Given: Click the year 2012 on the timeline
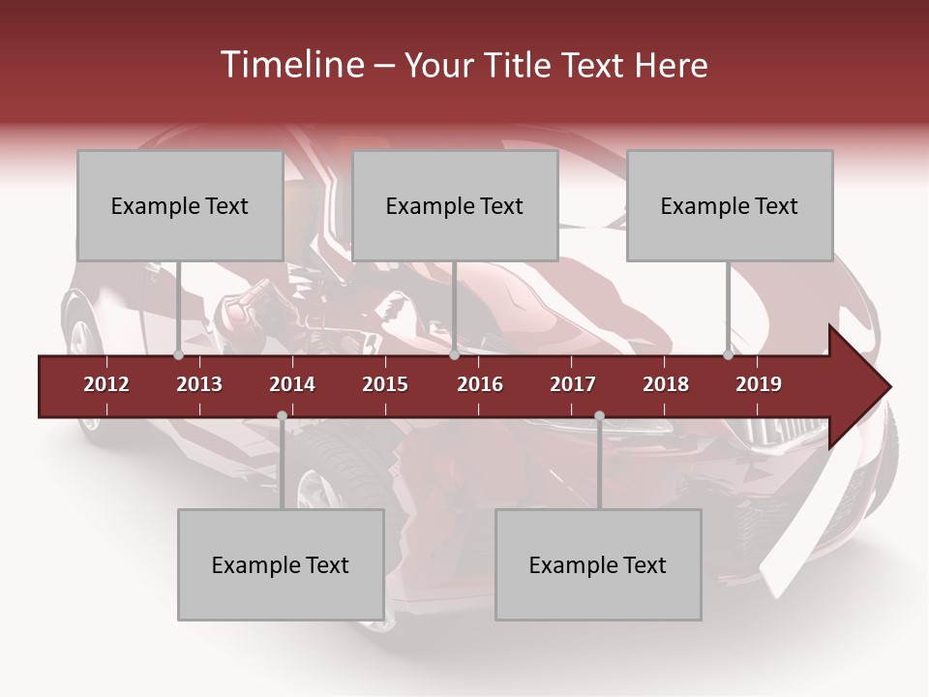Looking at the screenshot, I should [106, 384].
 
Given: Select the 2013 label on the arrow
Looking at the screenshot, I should [199, 384].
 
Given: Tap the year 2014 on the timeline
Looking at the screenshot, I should [292, 384].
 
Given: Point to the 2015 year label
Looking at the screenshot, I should [385, 384].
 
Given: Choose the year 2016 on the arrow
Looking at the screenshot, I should [480, 384].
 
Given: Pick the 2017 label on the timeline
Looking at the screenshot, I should [573, 384].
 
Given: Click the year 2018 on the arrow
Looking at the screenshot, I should [666, 384].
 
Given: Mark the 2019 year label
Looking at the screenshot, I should [759, 384].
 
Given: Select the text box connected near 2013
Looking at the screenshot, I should [180, 205].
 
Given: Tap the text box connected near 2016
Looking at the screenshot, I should [455, 205].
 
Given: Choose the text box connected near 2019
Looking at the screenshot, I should [730, 205].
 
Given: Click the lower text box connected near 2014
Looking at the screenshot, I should [281, 564].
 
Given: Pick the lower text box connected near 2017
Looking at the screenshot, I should [598, 564].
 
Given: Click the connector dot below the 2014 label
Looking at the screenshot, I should [282, 415].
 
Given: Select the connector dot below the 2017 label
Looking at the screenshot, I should [599, 415].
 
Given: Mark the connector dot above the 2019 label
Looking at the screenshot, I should [728, 355].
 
